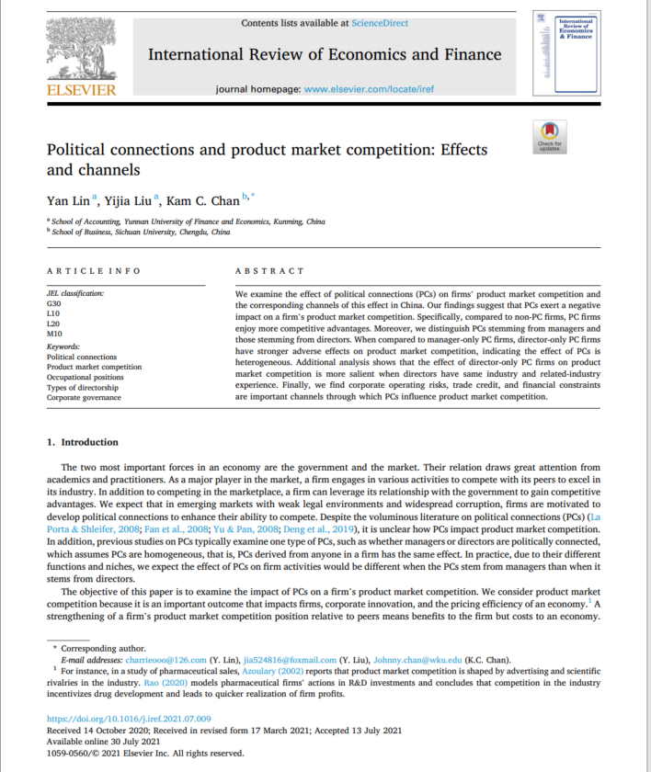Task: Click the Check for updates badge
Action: pos(550,135)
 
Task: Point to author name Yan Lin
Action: pos(67,199)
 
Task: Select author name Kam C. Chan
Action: pos(203,199)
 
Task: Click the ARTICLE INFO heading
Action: pos(94,271)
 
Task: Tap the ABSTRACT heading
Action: pos(269,271)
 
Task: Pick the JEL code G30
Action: pos(54,302)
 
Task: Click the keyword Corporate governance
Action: pos(84,397)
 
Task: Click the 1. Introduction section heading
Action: pos(83,442)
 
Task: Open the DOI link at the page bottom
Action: pos(129,719)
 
